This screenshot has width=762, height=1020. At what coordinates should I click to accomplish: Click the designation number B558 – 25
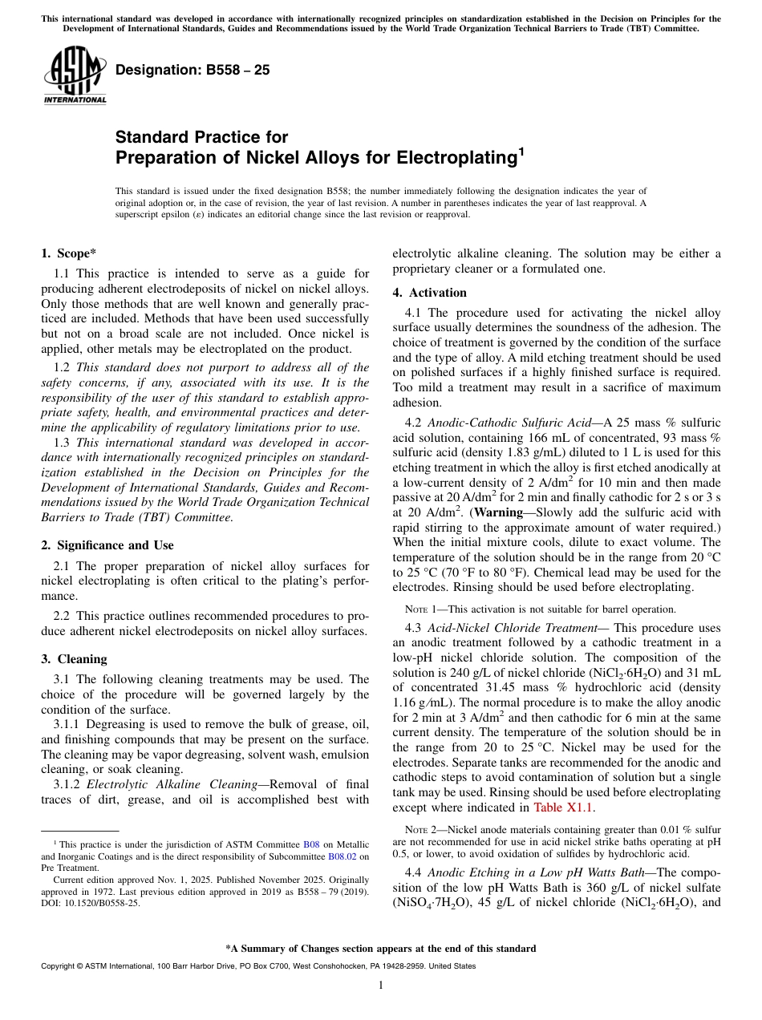tap(193, 70)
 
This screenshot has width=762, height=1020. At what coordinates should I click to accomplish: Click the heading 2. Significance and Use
tap(107, 545)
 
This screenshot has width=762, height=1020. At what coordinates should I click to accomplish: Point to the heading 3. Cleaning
tap(74, 659)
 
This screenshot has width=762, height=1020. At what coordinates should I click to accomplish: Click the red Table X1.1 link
tap(564, 807)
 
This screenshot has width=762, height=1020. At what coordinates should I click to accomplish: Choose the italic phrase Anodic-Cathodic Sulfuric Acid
tap(512, 422)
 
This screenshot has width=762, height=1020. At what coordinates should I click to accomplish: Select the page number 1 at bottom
tap(380, 986)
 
